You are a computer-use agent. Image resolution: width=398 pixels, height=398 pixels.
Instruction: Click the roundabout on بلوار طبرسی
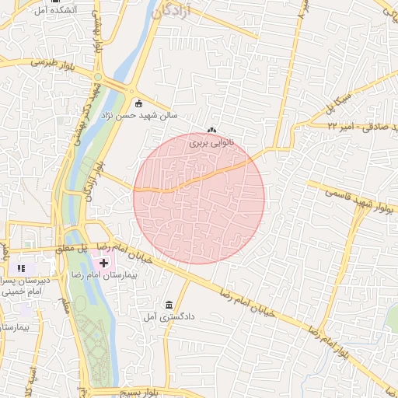point(99,76)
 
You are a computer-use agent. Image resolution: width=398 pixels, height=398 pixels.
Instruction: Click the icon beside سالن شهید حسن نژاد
point(139,103)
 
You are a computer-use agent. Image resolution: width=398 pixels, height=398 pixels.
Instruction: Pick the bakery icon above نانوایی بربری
point(212,131)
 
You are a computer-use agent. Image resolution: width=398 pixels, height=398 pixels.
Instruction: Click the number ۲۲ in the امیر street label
point(333,124)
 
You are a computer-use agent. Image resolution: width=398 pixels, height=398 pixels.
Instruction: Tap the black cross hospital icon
point(104,264)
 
